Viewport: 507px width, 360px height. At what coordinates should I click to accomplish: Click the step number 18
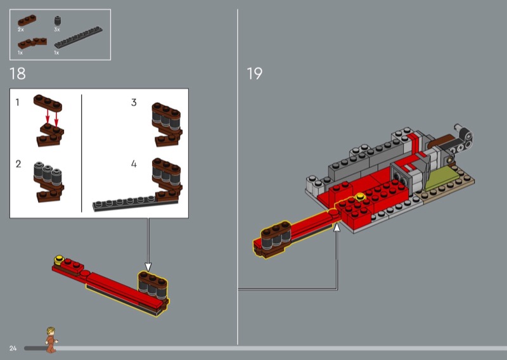[18, 74]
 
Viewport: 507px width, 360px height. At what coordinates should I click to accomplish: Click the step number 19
[255, 74]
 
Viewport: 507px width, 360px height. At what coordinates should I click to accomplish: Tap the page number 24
[13, 349]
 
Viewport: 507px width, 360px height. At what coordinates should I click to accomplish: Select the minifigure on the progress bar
[51, 340]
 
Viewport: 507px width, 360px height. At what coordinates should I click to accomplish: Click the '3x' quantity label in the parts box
[57, 29]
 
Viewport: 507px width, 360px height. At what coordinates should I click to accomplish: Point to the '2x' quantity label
[21, 29]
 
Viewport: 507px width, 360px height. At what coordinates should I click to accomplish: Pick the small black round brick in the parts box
[58, 21]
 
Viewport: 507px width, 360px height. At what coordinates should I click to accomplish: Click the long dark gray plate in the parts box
[78, 37]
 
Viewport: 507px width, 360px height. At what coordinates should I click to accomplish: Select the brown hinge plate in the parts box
[32, 43]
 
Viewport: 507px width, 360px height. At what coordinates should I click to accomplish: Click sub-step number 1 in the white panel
[18, 103]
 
